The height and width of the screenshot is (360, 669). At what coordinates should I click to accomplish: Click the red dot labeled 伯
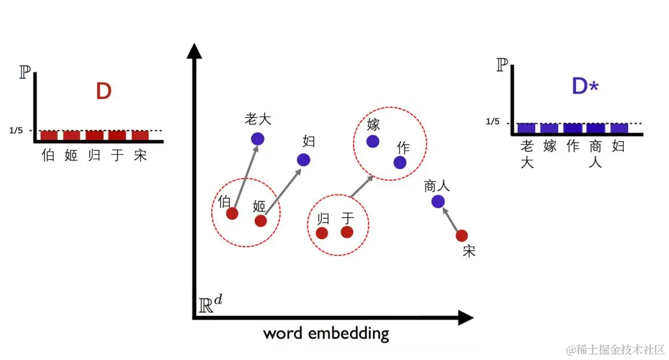pyautogui.click(x=232, y=214)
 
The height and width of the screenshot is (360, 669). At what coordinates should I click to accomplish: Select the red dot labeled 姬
pyautogui.click(x=261, y=221)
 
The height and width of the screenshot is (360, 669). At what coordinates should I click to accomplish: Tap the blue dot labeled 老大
pyautogui.click(x=258, y=139)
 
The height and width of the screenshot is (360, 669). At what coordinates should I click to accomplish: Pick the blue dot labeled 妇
pyautogui.click(x=304, y=160)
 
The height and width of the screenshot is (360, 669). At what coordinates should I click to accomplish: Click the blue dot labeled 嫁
pyautogui.click(x=373, y=141)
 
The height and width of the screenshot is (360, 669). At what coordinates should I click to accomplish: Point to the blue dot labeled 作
pyautogui.click(x=400, y=162)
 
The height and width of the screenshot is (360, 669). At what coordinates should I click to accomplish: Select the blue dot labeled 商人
pyautogui.click(x=438, y=201)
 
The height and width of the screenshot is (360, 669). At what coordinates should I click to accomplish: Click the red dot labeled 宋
pyautogui.click(x=461, y=235)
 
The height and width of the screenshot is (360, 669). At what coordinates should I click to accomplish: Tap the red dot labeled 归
pyautogui.click(x=322, y=233)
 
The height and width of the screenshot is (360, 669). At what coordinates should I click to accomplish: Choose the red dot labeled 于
pyautogui.click(x=347, y=232)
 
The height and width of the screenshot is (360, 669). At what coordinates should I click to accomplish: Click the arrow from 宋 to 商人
pyautogui.click(x=451, y=220)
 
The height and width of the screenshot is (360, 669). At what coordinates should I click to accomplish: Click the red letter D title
pyautogui.click(x=103, y=92)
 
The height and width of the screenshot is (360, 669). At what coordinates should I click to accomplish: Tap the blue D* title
pyautogui.click(x=585, y=87)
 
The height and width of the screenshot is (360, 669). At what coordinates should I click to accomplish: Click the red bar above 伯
pyautogui.click(x=49, y=136)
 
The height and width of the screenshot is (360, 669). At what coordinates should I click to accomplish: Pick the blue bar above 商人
pyautogui.click(x=596, y=129)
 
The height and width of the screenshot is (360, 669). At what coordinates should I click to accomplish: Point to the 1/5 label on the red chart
pyautogui.click(x=17, y=131)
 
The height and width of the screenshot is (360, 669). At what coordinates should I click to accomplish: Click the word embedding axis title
pyautogui.click(x=326, y=333)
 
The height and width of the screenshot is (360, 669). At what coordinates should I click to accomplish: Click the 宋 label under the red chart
pyautogui.click(x=141, y=155)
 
